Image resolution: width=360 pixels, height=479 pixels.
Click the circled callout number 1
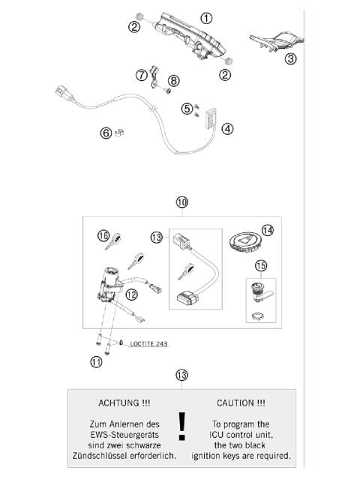pyautogui.click(x=206, y=18)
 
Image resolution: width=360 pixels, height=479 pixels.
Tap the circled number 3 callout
pyautogui.click(x=290, y=58)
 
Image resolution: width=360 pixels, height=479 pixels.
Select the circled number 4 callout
pyautogui.click(x=227, y=129)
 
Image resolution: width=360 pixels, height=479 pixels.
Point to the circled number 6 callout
pyautogui.click(x=106, y=133)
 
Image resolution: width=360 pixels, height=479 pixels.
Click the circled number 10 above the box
pyautogui.click(x=181, y=202)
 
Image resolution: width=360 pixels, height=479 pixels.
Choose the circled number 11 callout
pyautogui.click(x=96, y=362)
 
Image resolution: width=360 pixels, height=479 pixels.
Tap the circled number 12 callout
pyautogui.click(x=131, y=295)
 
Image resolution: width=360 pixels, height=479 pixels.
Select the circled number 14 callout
pyautogui.click(x=268, y=230)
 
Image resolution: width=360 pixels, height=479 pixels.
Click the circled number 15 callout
pyautogui.click(x=261, y=266)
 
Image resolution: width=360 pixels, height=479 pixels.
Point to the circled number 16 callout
pyautogui.click(x=103, y=236)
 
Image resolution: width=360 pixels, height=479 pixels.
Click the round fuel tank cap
pyautogui.click(x=246, y=242)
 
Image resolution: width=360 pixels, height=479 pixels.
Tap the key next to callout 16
pyautogui.click(x=114, y=241)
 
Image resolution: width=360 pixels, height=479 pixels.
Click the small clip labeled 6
pyautogui.click(x=119, y=133)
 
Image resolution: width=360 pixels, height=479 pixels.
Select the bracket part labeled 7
pyautogui.click(x=154, y=77)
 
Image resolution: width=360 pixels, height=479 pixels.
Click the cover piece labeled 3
pyautogui.click(x=277, y=41)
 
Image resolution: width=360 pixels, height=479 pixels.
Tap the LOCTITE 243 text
pyautogui.click(x=148, y=344)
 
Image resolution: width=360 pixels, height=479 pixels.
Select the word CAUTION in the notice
pyautogui.click(x=236, y=403)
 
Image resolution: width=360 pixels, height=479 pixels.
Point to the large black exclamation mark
pyautogui.click(x=181, y=426)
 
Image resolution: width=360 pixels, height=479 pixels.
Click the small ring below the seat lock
pyautogui.click(x=257, y=316)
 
